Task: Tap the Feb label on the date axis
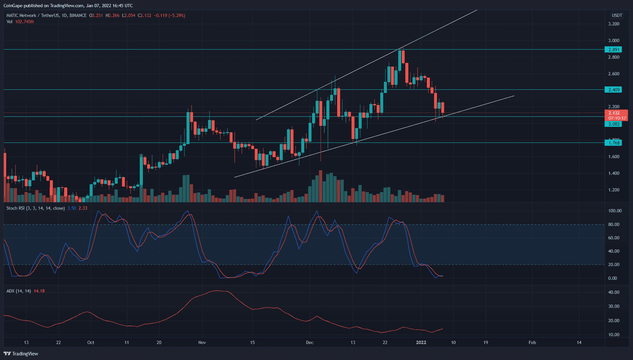click(x=532, y=342)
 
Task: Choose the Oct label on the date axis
click(x=91, y=342)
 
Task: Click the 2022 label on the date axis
click(x=421, y=342)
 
